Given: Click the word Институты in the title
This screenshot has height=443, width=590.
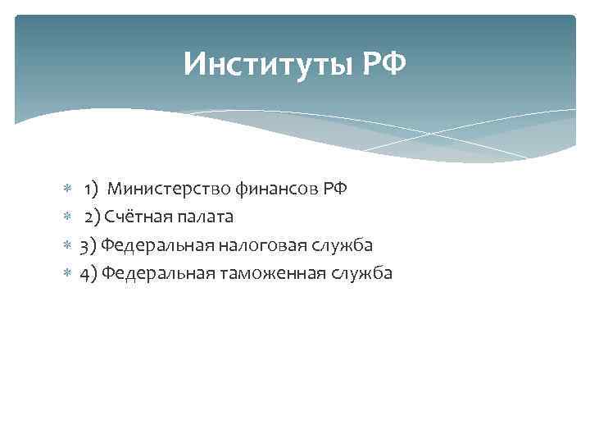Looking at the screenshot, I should [267, 64].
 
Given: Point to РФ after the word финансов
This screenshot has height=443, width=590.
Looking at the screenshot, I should [335, 190].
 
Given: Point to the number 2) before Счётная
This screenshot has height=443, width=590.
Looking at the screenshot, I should [92, 217].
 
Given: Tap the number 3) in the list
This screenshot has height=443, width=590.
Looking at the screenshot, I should [88, 245].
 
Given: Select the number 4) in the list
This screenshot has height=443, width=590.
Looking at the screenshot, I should [88, 273].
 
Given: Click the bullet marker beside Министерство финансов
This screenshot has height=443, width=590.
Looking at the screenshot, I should [67, 190].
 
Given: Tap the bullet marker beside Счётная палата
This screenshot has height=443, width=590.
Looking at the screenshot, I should [67, 217].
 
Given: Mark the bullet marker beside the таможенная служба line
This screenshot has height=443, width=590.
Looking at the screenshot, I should [67, 273].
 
